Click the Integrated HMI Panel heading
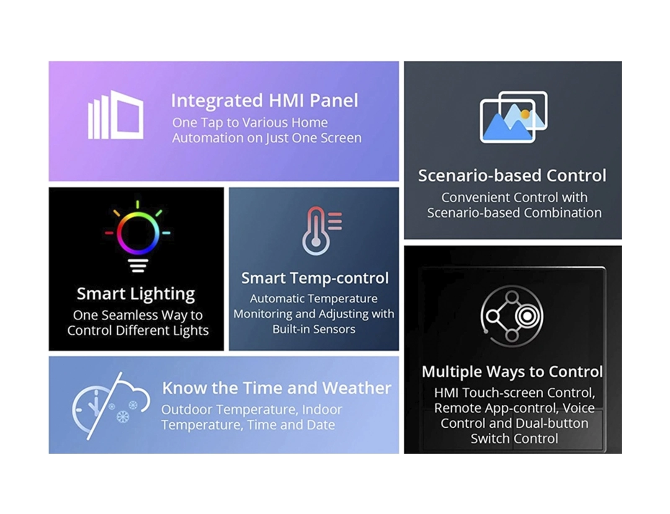pyautogui.click(x=265, y=101)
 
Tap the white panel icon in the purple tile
pyautogui.click(x=116, y=115)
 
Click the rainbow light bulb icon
pyautogui.click(x=137, y=237)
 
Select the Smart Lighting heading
pyautogui.click(x=136, y=294)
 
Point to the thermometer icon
pyautogui.click(x=321, y=231)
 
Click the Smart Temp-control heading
pyautogui.click(x=315, y=278)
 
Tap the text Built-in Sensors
pyautogui.click(x=314, y=329)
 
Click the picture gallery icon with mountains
pyautogui.click(x=513, y=117)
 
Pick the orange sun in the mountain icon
pyautogui.click(x=525, y=114)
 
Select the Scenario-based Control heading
pyautogui.click(x=512, y=176)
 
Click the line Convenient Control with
pyautogui.click(x=514, y=198)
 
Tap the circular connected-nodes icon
pyautogui.click(x=512, y=316)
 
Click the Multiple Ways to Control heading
pyautogui.click(x=512, y=372)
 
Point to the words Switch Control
pyautogui.click(x=514, y=439)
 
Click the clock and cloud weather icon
pyautogui.click(x=111, y=406)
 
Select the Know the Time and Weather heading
pyautogui.click(x=276, y=388)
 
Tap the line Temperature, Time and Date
pyautogui.click(x=248, y=425)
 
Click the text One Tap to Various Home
pyautogui.click(x=250, y=123)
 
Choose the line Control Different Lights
pyautogui.click(x=138, y=331)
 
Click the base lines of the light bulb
pyautogui.click(x=138, y=266)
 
